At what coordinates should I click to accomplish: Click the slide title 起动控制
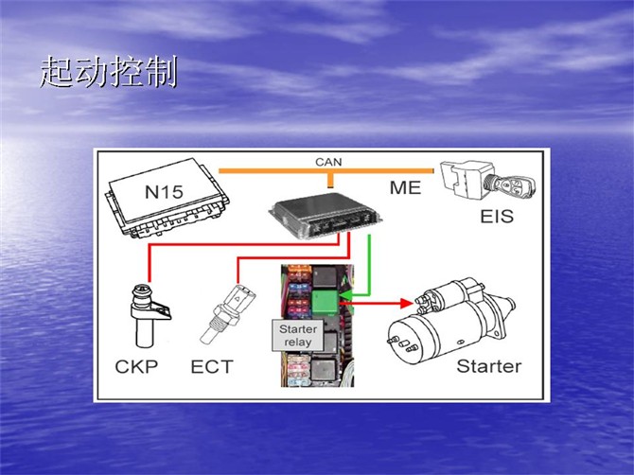coord(109,72)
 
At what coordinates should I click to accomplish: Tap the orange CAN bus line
coord(284,171)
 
